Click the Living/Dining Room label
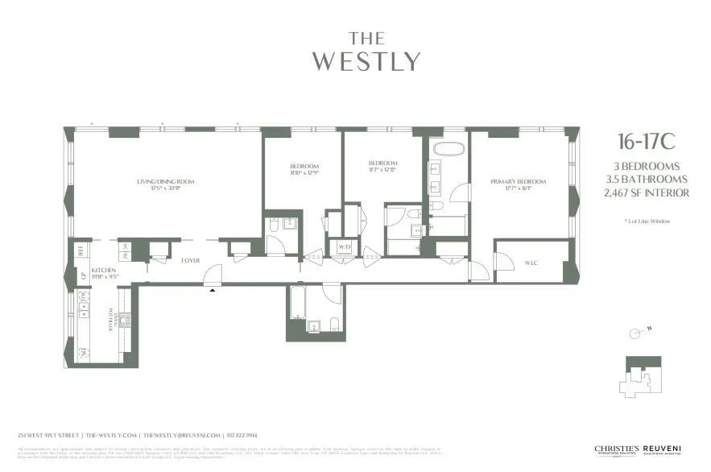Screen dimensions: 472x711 165,182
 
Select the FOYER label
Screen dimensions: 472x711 189,260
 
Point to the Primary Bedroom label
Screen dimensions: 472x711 518,182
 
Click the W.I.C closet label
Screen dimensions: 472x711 531,262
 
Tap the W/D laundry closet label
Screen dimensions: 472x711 344,246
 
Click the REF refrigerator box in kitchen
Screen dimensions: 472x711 81,250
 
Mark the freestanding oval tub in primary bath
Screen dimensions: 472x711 447,149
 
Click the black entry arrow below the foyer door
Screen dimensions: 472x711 213,290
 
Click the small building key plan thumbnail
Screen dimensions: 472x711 641,376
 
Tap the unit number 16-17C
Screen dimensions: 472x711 646,143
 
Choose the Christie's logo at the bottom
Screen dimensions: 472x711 616,450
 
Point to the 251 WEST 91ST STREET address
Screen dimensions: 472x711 49,434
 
